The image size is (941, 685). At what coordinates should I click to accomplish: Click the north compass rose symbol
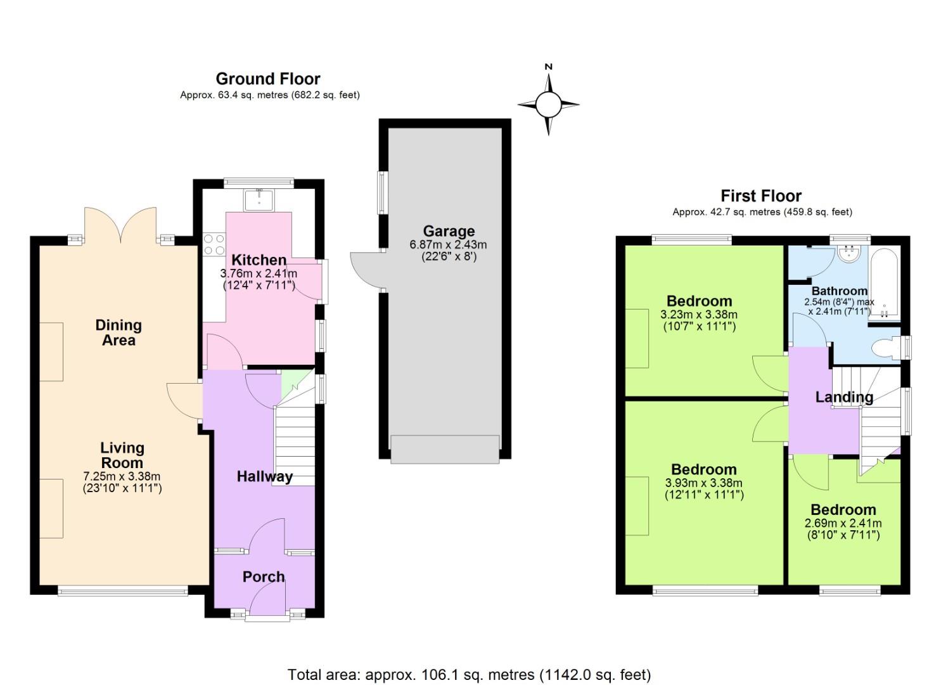tap(548, 103)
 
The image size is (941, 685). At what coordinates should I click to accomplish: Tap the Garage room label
tap(449, 232)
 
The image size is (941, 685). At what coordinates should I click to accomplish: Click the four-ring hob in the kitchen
tap(214, 244)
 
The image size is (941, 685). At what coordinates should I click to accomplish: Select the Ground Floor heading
tap(268, 79)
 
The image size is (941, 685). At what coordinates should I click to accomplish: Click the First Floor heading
tap(761, 196)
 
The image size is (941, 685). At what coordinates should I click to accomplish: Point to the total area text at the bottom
tap(470, 674)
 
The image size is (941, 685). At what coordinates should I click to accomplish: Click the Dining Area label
tap(118, 332)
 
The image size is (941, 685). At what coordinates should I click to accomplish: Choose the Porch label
tap(264, 577)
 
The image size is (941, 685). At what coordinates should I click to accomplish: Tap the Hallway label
tap(265, 476)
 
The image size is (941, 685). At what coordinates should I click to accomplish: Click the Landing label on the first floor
tap(844, 397)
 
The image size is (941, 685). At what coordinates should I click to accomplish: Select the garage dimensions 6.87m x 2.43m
tap(449, 245)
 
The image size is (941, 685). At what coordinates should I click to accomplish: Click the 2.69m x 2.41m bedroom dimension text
tap(843, 523)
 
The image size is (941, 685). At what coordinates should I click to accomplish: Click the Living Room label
tap(122, 455)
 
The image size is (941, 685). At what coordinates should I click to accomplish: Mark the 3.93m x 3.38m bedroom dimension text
tap(703, 483)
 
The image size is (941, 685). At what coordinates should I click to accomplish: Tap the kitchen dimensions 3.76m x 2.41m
tap(259, 273)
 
